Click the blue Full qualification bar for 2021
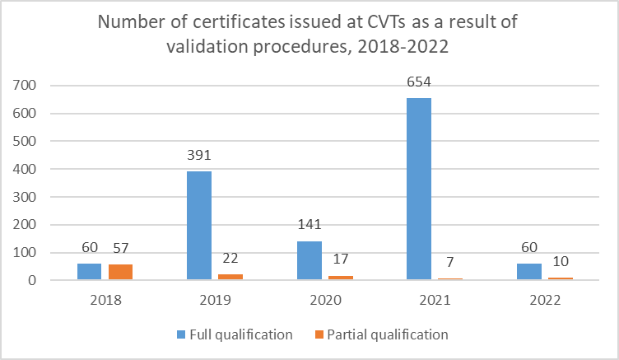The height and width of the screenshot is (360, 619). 419,189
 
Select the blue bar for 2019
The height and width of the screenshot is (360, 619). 199,225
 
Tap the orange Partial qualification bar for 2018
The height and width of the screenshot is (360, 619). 120,272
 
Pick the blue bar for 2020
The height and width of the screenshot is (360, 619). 309,260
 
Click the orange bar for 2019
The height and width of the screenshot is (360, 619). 230,277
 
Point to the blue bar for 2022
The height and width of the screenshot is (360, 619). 529,272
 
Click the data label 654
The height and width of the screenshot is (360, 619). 419,82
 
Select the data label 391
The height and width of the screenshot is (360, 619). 199,155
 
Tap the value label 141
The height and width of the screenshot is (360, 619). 309,224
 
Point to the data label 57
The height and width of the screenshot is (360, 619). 121,248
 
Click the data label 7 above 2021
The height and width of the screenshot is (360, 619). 450,262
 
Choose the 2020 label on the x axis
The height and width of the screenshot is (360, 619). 325,300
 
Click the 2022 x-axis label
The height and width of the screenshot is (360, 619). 545,300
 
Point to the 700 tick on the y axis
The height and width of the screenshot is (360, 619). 24,85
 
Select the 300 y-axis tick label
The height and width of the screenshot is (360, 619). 24,197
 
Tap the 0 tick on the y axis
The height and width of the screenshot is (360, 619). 32,280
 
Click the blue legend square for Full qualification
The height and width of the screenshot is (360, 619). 181,334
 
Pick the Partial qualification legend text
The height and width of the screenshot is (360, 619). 388,334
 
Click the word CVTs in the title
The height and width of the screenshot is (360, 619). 387,22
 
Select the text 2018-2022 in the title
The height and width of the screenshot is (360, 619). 403,47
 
